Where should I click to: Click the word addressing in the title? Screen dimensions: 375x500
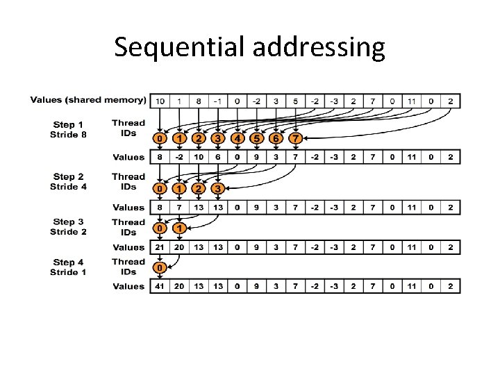tap(319, 47)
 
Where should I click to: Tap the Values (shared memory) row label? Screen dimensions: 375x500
tap(88, 100)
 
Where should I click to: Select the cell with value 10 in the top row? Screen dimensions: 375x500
tap(160, 101)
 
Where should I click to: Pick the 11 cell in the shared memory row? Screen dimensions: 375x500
tap(412, 101)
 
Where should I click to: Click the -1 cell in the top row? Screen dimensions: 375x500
tap(218, 101)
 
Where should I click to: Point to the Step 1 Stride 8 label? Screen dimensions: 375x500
tap(68, 128)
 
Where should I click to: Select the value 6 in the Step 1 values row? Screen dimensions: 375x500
tap(218, 158)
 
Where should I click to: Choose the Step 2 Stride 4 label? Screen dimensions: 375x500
tap(68, 181)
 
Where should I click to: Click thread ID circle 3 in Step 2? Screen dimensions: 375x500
tap(218, 189)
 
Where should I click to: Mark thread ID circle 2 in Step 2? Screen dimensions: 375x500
tap(199, 189)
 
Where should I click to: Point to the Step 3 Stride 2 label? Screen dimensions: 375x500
tap(68, 226)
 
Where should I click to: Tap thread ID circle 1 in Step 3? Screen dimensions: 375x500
tap(179, 228)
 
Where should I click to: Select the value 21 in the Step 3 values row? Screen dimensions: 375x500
tap(160, 247)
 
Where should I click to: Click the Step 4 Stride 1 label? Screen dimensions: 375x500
tap(68, 267)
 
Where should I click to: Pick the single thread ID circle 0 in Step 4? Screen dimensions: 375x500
tap(160, 268)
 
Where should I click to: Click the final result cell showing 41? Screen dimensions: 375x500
tap(160, 286)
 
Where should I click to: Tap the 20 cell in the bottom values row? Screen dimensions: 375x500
tap(179, 286)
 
